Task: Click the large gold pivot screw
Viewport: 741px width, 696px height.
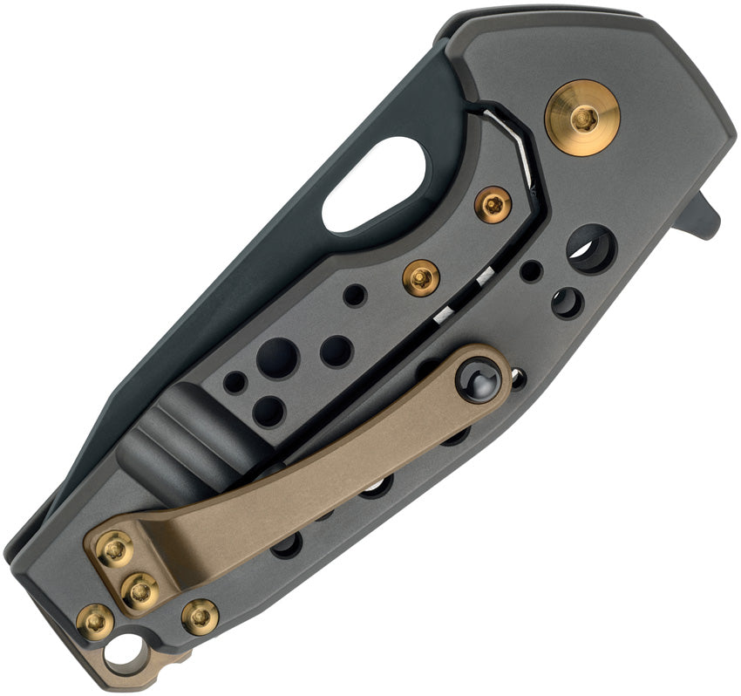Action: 582,118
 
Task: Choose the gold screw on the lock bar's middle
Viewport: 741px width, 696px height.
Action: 420,278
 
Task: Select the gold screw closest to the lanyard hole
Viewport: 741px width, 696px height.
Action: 94,621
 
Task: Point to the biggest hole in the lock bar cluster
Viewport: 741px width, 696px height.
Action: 277,358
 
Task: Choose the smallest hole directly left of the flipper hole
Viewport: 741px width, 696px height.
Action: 531,270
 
